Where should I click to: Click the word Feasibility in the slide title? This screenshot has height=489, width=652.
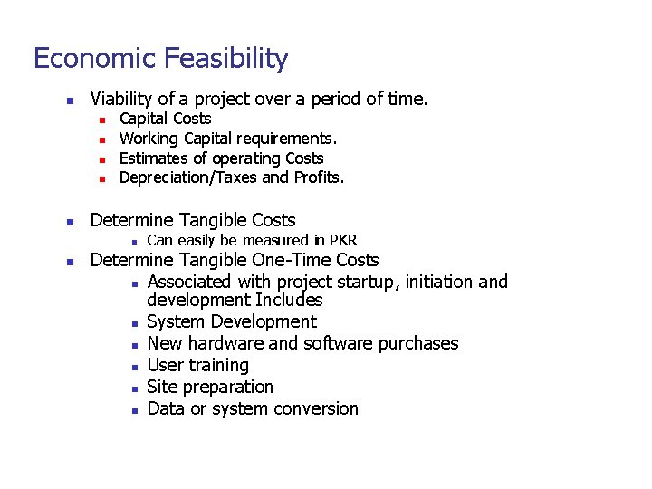pos(227,59)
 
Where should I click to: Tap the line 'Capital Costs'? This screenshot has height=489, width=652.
pos(166,119)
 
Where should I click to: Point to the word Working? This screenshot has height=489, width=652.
pos(149,139)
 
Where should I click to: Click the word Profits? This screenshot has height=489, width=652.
pos(317,177)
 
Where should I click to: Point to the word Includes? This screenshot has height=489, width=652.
pos(289,301)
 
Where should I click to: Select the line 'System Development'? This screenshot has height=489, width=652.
pos(232,321)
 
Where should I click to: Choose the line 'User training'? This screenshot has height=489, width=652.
pos(197,365)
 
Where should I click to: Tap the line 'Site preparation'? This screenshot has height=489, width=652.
pos(210,387)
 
